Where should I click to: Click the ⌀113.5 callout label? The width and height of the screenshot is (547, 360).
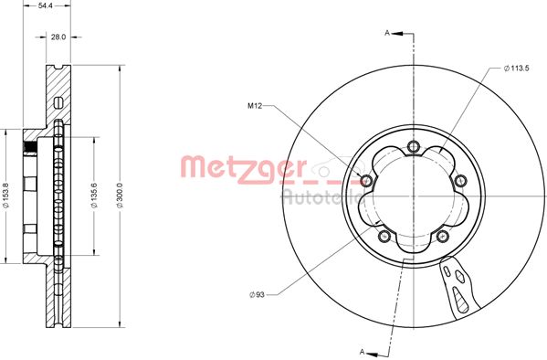[x=518, y=68]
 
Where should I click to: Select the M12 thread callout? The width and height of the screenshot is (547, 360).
[x=257, y=107]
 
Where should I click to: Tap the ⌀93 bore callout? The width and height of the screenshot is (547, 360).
[x=258, y=293]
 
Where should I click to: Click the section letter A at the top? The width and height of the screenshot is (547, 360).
[x=387, y=33]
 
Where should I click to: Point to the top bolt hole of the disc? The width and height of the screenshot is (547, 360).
[x=414, y=146]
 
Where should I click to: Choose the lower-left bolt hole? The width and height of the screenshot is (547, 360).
[x=384, y=236]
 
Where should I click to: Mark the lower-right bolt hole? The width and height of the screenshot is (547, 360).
[x=443, y=236]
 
